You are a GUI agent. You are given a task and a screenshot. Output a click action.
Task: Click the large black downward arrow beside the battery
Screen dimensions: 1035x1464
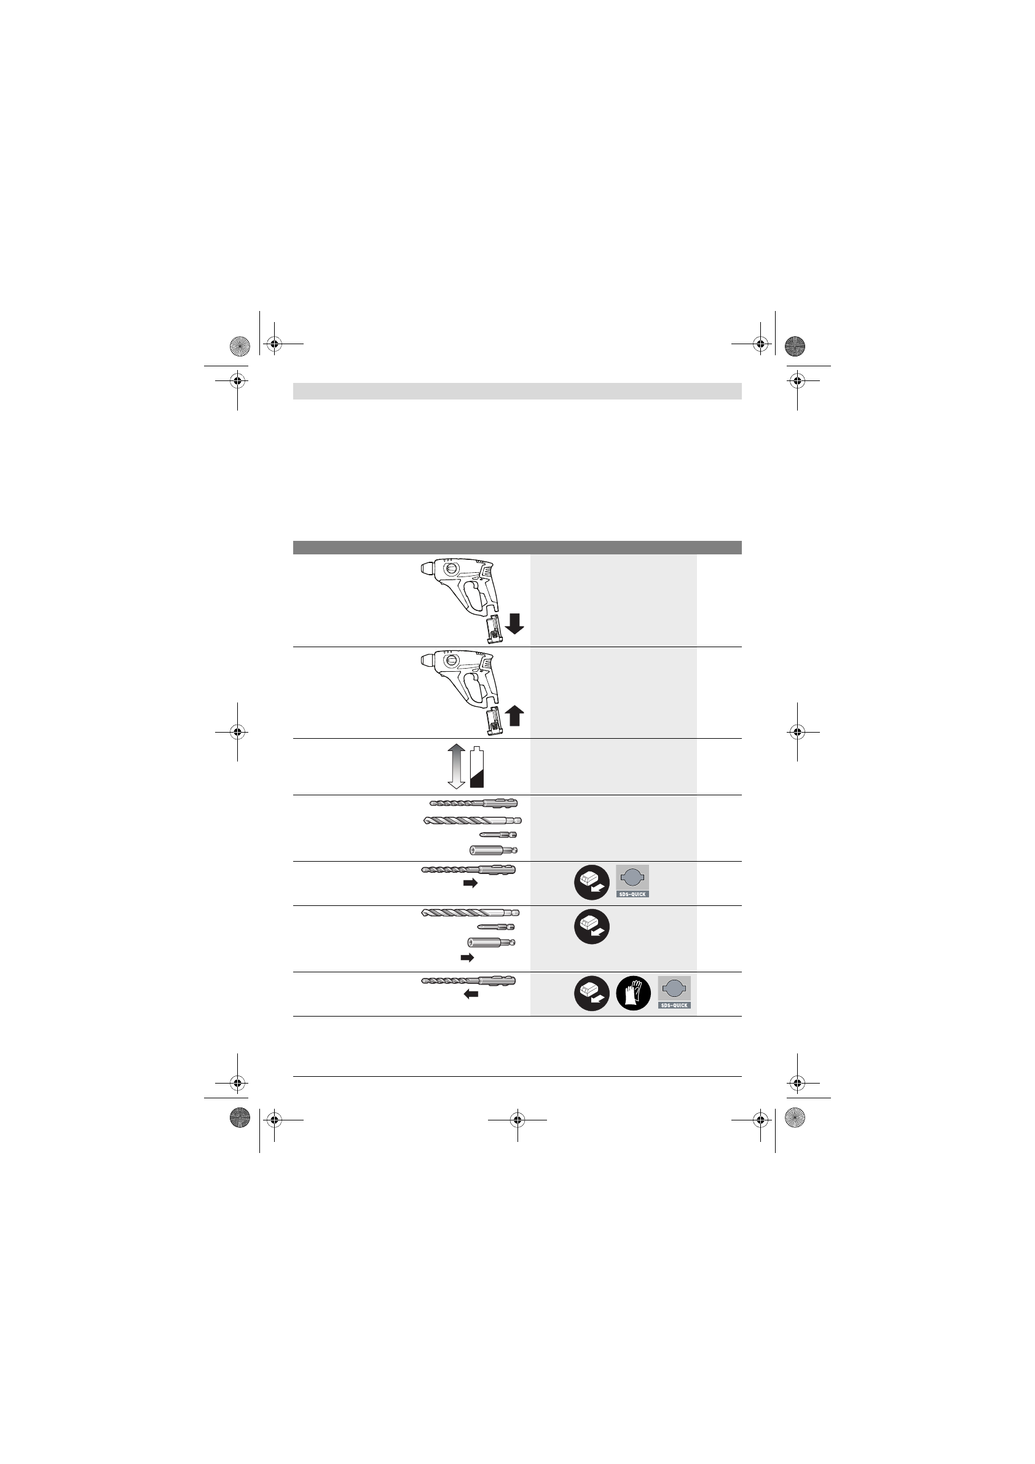tap(514, 624)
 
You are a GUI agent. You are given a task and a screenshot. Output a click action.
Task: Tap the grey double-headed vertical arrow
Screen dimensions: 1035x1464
tap(457, 766)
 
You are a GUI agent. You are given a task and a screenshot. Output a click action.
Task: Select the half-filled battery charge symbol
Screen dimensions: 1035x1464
tap(477, 768)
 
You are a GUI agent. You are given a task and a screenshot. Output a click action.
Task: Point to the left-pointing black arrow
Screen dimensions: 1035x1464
tap(471, 994)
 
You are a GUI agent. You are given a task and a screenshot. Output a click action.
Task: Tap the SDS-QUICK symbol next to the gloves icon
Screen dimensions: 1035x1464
tap(674, 992)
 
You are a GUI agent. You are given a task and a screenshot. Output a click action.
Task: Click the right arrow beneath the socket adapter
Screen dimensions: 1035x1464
tap(468, 958)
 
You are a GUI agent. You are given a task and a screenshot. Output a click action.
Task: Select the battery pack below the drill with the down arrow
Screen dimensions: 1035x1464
tap(492, 631)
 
